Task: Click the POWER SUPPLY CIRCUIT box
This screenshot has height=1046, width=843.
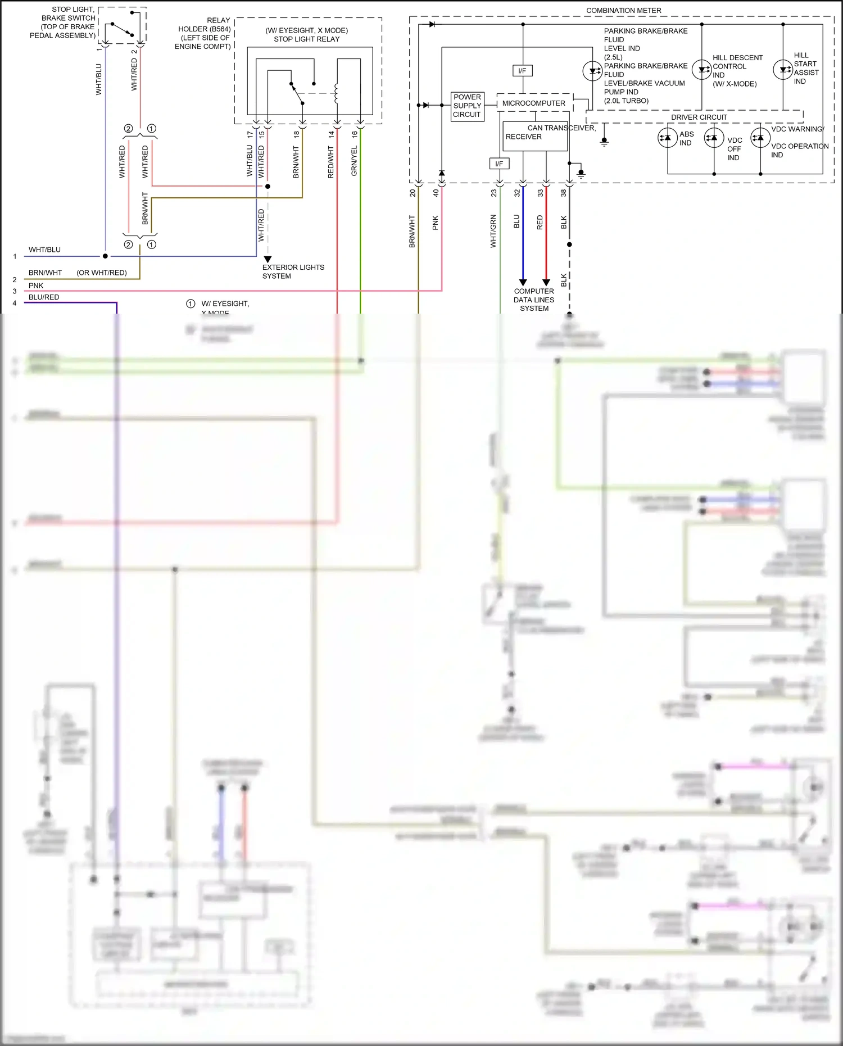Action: tap(467, 106)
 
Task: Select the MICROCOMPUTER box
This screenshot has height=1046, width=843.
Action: tap(533, 103)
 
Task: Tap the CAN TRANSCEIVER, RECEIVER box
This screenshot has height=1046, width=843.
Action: tap(534, 136)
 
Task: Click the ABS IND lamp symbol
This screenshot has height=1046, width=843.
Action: tap(667, 138)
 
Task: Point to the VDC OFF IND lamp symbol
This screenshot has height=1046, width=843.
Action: tap(714, 138)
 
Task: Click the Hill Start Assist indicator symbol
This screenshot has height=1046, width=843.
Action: tap(783, 70)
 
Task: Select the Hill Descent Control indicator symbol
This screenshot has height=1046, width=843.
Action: tap(701, 70)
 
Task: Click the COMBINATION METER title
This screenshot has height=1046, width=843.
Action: tap(623, 10)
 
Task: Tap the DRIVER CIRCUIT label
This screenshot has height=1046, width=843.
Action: tap(699, 117)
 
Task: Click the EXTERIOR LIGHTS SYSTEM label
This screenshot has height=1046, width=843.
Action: tap(293, 271)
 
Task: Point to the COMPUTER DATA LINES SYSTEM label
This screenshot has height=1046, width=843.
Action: tap(533, 300)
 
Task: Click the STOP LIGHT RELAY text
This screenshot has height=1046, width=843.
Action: tap(306, 39)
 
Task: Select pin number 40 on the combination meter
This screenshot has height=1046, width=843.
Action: tap(436, 193)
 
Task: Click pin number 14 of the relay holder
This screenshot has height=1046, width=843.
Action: tap(331, 134)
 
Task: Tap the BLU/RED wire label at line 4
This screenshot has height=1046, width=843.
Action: tap(44, 297)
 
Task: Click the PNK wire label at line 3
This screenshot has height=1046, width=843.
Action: tap(36, 286)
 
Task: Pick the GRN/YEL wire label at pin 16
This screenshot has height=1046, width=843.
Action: tap(354, 161)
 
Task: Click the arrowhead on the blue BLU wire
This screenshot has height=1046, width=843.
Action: tap(523, 282)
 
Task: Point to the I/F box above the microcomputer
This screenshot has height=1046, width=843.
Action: tap(522, 71)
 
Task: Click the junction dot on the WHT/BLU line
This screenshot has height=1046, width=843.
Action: tap(105, 256)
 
